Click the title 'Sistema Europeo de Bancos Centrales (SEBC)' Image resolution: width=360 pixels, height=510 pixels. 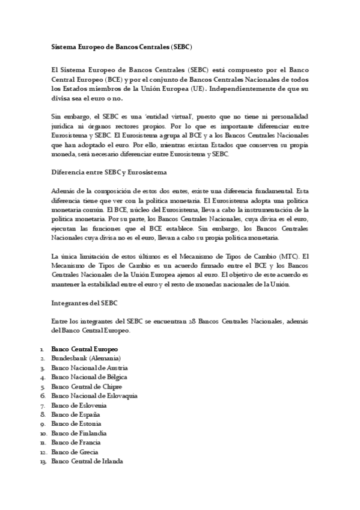tap(121, 46)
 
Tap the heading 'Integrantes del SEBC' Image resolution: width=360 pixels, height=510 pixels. tap(85, 303)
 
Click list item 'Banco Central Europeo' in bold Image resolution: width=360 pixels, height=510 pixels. tap(85, 349)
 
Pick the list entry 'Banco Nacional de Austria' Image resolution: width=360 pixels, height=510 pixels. tap(90, 367)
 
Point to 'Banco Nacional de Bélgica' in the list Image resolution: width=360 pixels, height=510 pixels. tap(90, 377)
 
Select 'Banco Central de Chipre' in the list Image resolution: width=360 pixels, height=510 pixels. tap(87, 386)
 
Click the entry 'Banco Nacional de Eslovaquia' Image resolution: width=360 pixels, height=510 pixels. tap(94, 396)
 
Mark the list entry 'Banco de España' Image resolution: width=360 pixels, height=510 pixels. tap(76, 414)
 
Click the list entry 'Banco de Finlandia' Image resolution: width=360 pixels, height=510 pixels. tap(79, 433)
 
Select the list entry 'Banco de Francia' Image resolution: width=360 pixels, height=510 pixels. tap(76, 443)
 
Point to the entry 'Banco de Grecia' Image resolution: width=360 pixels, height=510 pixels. tap(75, 452)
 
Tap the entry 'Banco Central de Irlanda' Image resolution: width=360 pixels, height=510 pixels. tap(87, 461)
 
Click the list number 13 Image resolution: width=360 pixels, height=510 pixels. tap(43, 461)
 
